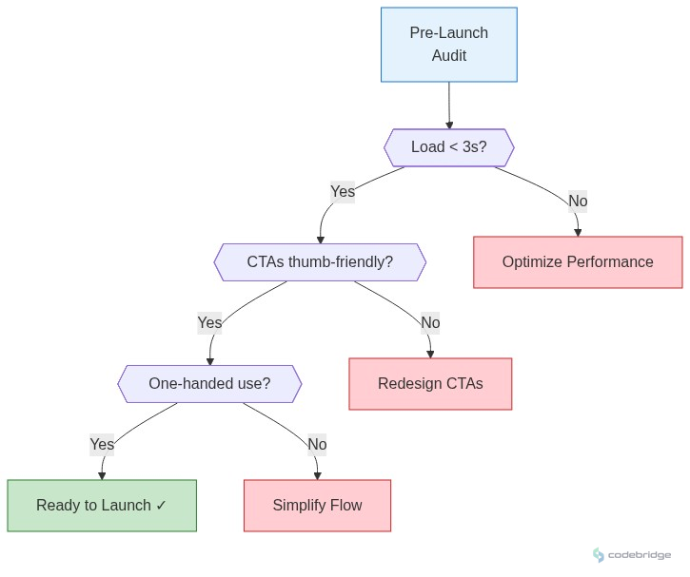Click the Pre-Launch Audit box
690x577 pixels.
[x=448, y=45]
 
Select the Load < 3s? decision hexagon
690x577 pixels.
[x=448, y=147]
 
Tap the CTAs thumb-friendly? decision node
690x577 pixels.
[x=320, y=262]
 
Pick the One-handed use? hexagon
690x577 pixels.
[x=209, y=384]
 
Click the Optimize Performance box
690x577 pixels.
[x=578, y=262]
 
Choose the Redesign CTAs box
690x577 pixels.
[x=430, y=384]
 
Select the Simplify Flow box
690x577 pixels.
[x=317, y=506]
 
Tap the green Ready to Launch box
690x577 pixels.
[x=102, y=506]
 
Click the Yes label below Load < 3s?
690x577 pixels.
[x=343, y=192]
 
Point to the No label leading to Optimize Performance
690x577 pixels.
[x=578, y=201]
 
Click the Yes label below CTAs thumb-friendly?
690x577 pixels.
[x=209, y=323]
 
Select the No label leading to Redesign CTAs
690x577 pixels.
[x=430, y=323]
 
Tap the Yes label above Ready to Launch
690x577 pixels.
[x=102, y=444]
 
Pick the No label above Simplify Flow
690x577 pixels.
[x=317, y=444]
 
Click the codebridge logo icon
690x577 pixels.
[x=599, y=555]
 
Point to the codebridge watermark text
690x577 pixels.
[x=640, y=555]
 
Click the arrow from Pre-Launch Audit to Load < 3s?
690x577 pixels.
[x=449, y=105]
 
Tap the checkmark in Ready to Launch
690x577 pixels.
[x=161, y=506]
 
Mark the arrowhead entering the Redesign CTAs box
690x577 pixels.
[x=430, y=354]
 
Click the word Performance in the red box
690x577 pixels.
[x=611, y=262]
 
